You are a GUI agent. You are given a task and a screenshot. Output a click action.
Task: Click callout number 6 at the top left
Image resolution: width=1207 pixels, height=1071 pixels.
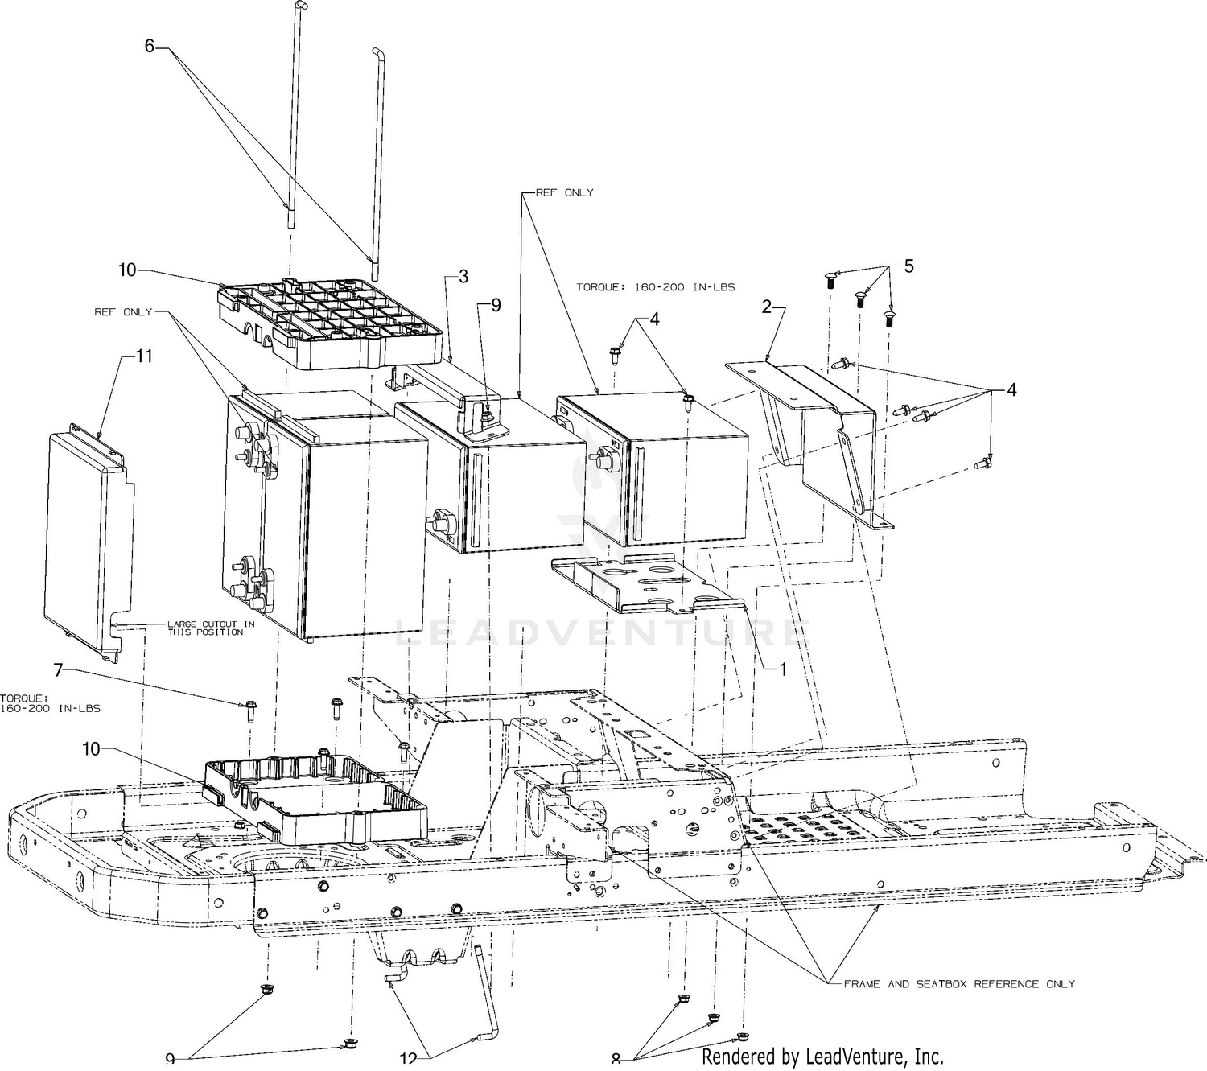[149, 46]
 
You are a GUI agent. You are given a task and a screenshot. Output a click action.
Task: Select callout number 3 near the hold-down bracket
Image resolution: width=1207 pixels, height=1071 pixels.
[463, 277]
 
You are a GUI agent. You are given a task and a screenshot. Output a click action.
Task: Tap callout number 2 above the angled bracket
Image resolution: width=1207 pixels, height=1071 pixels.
[767, 306]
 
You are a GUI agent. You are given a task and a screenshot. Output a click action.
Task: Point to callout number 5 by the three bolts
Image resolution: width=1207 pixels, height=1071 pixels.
[908, 266]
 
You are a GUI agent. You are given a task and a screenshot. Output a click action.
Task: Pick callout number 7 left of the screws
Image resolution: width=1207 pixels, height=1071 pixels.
[58, 669]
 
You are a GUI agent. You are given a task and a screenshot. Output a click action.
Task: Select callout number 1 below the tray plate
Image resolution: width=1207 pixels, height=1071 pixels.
[781, 668]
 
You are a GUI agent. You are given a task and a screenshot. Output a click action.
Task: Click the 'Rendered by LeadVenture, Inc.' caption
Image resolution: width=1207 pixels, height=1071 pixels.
[822, 1056]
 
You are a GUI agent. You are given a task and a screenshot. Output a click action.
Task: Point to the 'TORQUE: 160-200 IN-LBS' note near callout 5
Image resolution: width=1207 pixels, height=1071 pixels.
[656, 286]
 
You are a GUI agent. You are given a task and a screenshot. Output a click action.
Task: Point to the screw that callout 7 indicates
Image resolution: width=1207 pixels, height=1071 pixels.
[247, 711]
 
